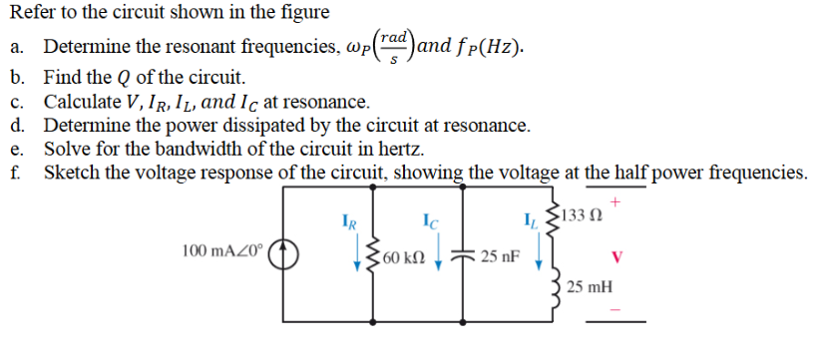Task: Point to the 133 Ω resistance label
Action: (585, 214)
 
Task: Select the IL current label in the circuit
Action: (530, 215)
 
